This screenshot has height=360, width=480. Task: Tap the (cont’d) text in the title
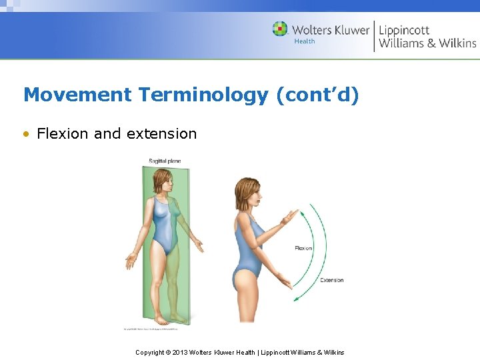click(317, 95)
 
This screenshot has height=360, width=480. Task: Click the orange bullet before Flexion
click(27, 134)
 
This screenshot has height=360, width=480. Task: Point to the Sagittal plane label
click(165, 161)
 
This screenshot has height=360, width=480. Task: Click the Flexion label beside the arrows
click(303, 248)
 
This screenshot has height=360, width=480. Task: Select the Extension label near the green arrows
click(331, 280)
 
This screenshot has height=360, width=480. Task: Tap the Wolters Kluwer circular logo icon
click(280, 29)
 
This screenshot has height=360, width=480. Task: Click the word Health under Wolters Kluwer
click(304, 41)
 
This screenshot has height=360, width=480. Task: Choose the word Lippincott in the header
click(404, 30)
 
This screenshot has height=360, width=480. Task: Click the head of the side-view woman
click(247, 193)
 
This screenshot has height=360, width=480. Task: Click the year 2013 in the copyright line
click(180, 352)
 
